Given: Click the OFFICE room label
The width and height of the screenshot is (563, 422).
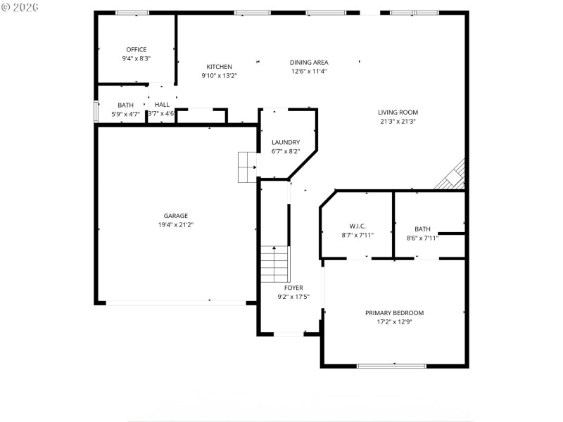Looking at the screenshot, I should (x=137, y=49).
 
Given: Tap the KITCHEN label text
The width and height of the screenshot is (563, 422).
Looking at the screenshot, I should (x=219, y=67).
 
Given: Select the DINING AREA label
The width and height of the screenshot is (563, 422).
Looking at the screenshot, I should (x=309, y=62).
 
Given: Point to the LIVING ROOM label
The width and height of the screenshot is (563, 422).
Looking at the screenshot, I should (x=398, y=112).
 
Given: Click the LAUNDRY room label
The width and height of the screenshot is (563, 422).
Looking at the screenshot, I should (x=286, y=142).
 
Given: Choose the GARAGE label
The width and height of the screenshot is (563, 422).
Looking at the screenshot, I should (x=175, y=216).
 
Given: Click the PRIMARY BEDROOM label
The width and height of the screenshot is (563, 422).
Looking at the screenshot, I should (x=394, y=313).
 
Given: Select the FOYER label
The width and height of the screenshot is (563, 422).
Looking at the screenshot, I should (x=293, y=288).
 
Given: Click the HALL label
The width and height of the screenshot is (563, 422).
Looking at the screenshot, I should (x=162, y=105).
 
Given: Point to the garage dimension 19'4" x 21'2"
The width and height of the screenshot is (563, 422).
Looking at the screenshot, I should (x=175, y=225).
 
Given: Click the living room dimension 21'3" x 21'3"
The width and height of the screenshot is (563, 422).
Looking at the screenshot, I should (x=398, y=121).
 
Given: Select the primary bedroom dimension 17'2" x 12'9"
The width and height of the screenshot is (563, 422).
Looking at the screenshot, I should (x=394, y=322).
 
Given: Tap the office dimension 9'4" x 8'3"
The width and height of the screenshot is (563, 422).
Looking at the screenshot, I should (x=137, y=58).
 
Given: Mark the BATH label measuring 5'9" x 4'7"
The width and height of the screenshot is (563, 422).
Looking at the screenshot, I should (x=126, y=105).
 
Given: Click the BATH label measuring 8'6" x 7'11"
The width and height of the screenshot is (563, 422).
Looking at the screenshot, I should (x=422, y=229).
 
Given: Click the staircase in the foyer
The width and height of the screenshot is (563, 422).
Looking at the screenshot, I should (x=275, y=264).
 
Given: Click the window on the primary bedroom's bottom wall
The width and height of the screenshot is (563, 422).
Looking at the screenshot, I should (x=392, y=366).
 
